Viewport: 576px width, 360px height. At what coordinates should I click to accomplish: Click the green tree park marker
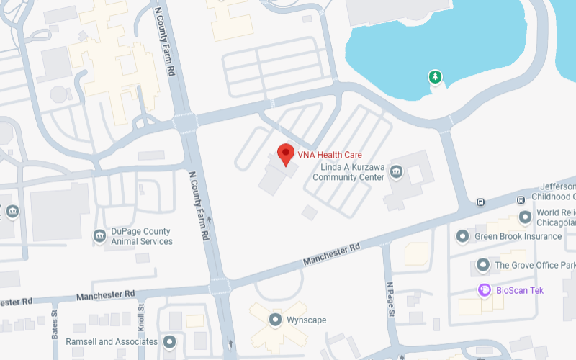click(434, 76)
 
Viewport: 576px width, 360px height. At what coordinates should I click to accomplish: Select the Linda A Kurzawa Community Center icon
click(397, 173)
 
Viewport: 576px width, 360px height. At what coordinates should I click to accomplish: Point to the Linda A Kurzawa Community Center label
click(352, 173)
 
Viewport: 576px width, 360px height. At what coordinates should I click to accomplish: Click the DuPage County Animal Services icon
click(99, 235)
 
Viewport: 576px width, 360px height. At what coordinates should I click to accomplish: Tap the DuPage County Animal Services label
click(142, 236)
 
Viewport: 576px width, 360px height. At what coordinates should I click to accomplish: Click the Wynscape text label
click(307, 319)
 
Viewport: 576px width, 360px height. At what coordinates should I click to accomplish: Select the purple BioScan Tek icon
click(485, 290)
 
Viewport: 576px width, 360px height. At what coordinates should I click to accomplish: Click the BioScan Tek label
click(520, 290)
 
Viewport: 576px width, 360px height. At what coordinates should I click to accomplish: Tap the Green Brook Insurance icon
click(463, 236)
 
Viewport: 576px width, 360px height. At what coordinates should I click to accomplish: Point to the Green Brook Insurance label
click(518, 236)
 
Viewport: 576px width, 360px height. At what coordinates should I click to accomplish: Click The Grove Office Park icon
click(483, 265)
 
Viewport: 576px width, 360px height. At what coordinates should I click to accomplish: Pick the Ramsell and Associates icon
click(169, 341)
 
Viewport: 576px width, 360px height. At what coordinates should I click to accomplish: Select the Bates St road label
click(55, 325)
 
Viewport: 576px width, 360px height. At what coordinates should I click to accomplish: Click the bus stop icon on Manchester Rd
click(480, 202)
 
